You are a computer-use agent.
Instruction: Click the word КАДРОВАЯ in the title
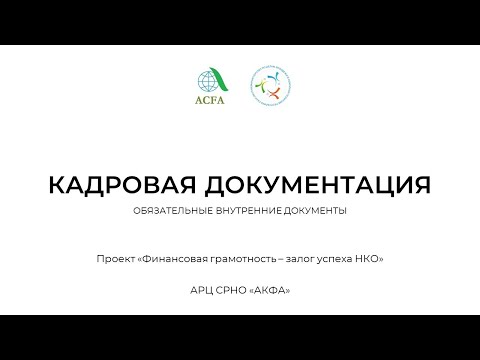tap(105, 185)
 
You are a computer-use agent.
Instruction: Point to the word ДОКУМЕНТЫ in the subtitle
tap(311, 211)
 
